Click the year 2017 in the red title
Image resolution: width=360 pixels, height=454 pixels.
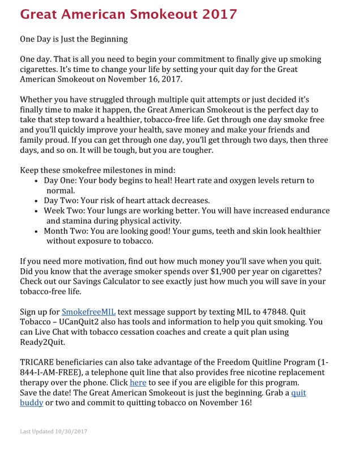[x=217, y=14]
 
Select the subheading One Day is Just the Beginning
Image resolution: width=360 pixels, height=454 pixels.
[x=74, y=40]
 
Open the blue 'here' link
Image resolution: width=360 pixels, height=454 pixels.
[x=138, y=383]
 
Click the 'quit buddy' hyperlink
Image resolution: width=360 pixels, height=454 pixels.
[x=298, y=393]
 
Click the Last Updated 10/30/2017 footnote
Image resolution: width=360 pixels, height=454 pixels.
[x=54, y=431]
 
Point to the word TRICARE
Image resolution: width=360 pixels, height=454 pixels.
[x=41, y=362]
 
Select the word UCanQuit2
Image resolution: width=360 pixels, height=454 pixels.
[x=82, y=322]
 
